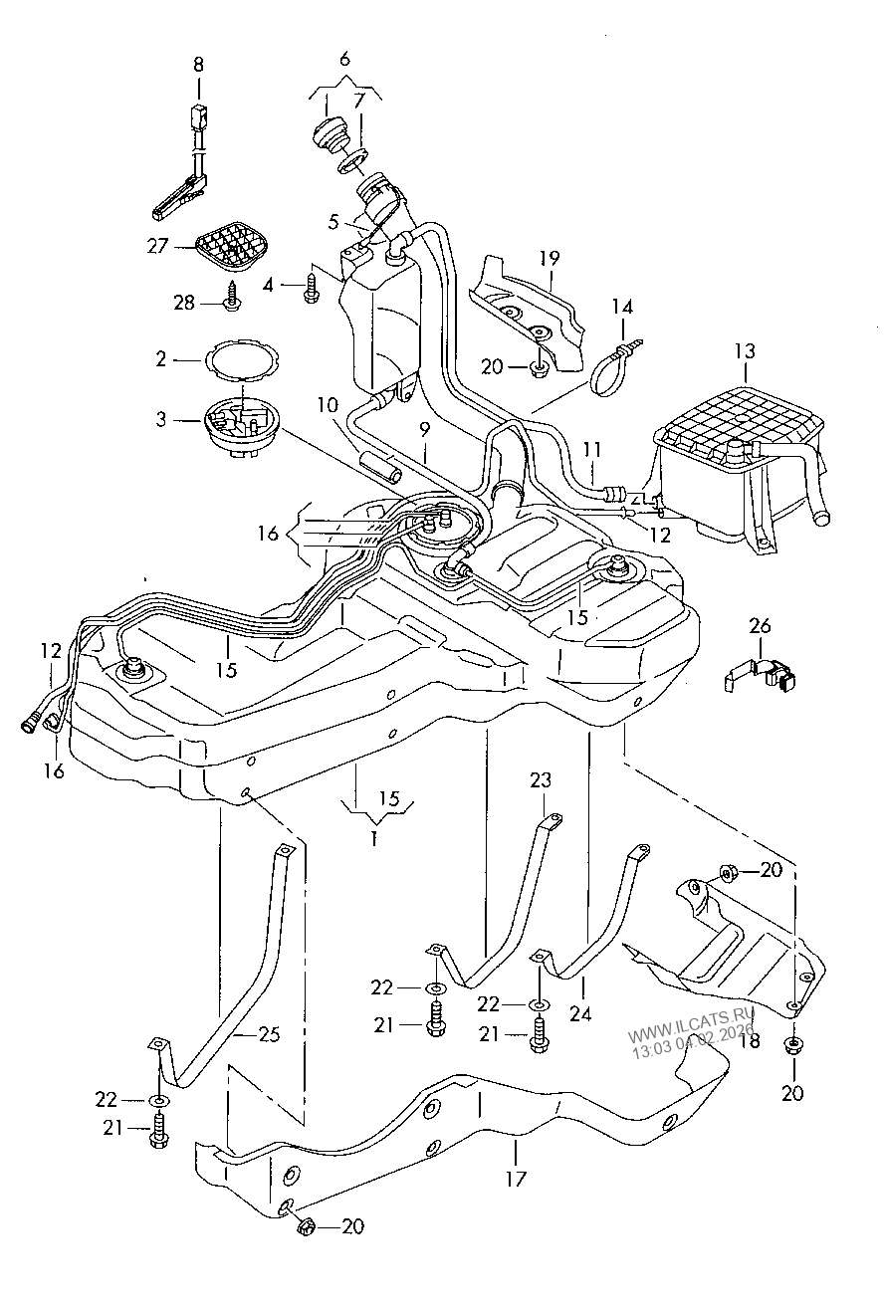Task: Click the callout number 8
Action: pos(198,65)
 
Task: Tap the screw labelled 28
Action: pos(232,297)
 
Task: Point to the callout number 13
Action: pos(746,351)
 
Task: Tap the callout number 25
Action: pos(269,1034)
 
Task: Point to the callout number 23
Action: pos(541,780)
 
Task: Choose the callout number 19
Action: pos(550,258)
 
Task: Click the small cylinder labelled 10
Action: pos(380,467)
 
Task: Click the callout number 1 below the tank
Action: pos(373,839)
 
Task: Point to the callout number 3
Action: pos(161,420)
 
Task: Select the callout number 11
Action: pos(592,450)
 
